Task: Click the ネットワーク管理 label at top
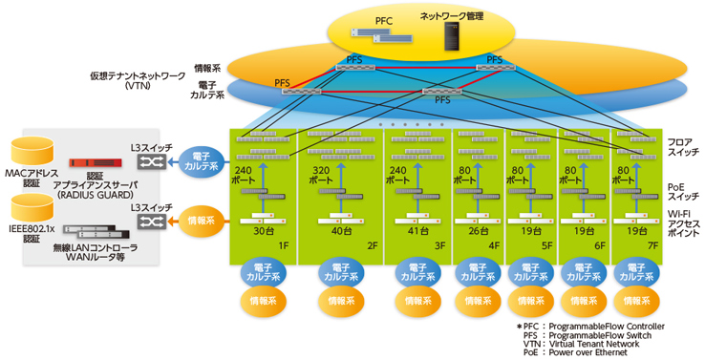[x=453, y=16]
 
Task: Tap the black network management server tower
[x=452, y=37]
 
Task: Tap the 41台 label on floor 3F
[x=416, y=229]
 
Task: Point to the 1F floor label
[x=283, y=245]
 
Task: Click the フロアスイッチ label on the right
[x=681, y=146]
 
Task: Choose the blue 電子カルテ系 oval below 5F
[x=527, y=270]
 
